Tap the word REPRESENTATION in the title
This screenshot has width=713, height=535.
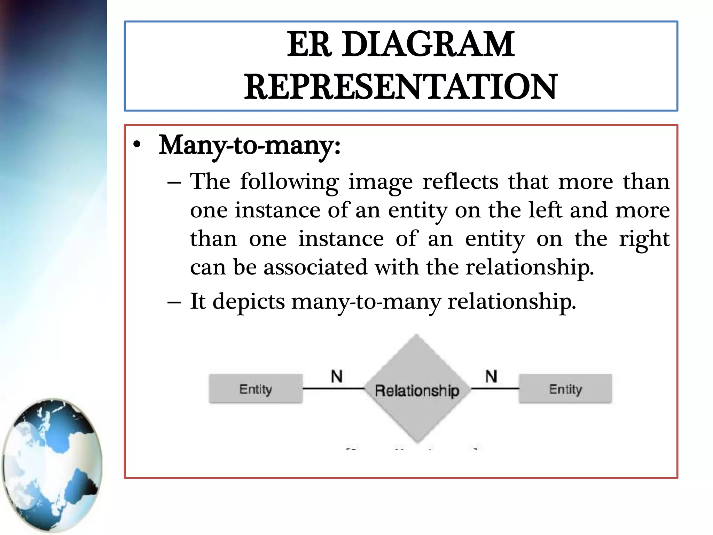coord(401,87)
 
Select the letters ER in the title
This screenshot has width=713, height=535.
coord(308,45)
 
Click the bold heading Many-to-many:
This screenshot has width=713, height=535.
coord(249,145)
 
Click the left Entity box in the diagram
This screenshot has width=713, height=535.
coord(256,389)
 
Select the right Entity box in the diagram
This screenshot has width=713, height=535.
coord(565,389)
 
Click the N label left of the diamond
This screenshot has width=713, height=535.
coord(337,377)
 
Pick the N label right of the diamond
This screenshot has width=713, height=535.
coord(491,377)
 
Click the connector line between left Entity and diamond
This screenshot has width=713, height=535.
coord(334,388)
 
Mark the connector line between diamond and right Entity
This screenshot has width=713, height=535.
coord(495,388)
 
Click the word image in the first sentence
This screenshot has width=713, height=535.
coord(380,182)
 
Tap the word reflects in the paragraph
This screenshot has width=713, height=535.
coord(460,182)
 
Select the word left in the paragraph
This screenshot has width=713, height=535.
coord(545,210)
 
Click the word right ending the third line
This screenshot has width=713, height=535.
coord(644,239)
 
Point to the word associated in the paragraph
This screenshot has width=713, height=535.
coord(315,267)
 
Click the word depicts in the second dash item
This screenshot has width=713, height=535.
coord(249,302)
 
